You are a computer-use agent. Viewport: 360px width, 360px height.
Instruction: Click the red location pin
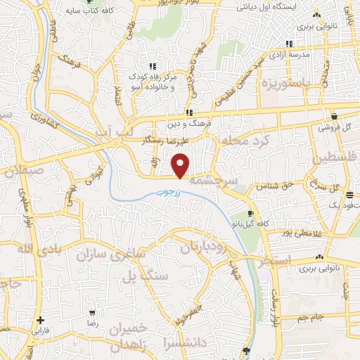pos(181,166)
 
